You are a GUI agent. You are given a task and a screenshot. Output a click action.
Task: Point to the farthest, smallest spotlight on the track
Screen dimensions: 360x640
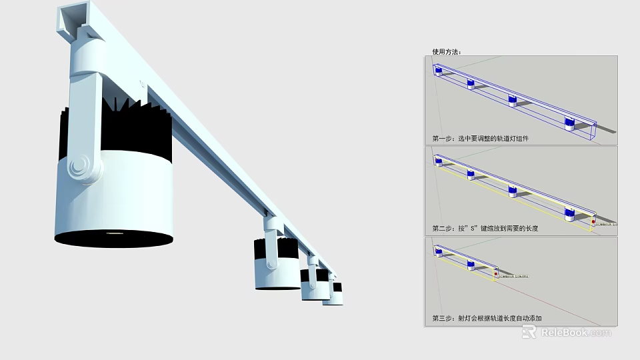[333, 293]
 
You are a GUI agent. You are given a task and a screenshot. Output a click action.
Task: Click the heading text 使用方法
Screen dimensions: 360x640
[446, 51]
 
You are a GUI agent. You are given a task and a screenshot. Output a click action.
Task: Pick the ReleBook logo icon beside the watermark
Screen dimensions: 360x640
[529, 332]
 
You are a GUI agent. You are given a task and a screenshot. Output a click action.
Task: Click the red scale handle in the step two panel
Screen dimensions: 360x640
[593, 220]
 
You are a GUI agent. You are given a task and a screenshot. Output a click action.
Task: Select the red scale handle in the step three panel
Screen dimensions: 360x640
[495, 272]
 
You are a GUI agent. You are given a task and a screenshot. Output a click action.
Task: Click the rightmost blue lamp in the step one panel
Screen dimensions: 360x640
[569, 123]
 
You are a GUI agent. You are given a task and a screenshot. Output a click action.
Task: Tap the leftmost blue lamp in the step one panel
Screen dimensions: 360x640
[439, 70]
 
